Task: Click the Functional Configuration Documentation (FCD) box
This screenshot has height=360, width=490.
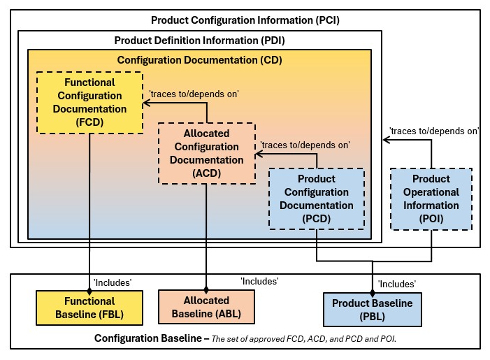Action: (90, 102)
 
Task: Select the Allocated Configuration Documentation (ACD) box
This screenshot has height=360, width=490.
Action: (207, 153)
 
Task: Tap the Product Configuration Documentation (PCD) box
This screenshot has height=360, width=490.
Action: (317, 199)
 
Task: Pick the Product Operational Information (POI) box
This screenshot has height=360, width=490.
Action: (431, 199)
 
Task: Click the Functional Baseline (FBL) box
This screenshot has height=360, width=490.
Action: (89, 308)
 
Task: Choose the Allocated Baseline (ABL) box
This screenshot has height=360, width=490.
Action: (206, 307)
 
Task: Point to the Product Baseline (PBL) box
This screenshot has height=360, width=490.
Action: (372, 310)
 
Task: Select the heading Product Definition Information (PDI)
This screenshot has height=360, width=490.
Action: (199, 40)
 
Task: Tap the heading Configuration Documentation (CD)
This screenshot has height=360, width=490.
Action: (199, 59)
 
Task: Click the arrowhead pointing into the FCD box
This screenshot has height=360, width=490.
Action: (147, 103)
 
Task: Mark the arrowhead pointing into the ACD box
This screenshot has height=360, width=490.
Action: (257, 153)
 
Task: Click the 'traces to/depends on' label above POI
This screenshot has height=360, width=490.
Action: (434, 131)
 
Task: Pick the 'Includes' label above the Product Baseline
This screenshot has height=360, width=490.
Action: (396, 284)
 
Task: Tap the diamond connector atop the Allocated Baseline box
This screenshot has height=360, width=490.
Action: (206, 287)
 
